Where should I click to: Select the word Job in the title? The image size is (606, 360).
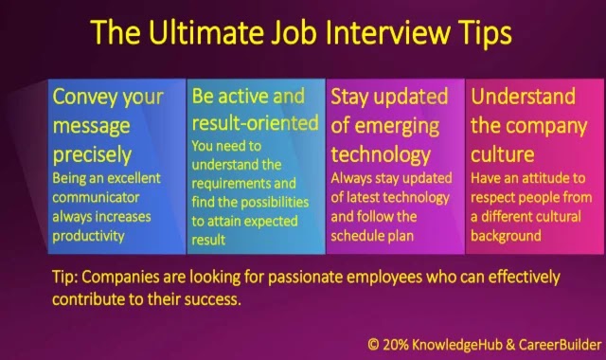tap(294, 31)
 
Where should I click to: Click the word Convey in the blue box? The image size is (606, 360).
tap(85, 97)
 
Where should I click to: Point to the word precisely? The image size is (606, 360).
tap(92, 155)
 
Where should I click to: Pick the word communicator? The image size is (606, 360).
tap(96, 197)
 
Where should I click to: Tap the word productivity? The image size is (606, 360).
tap(88, 236)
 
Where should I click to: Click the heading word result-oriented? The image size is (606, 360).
tap(255, 123)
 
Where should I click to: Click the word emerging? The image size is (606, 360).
tap(397, 127)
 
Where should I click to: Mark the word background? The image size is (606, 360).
tap(506, 236)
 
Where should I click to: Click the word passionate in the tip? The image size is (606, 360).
tap(305, 278)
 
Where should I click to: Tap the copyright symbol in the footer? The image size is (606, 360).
tap(373, 345)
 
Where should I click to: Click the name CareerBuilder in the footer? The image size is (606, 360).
tap(560, 345)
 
